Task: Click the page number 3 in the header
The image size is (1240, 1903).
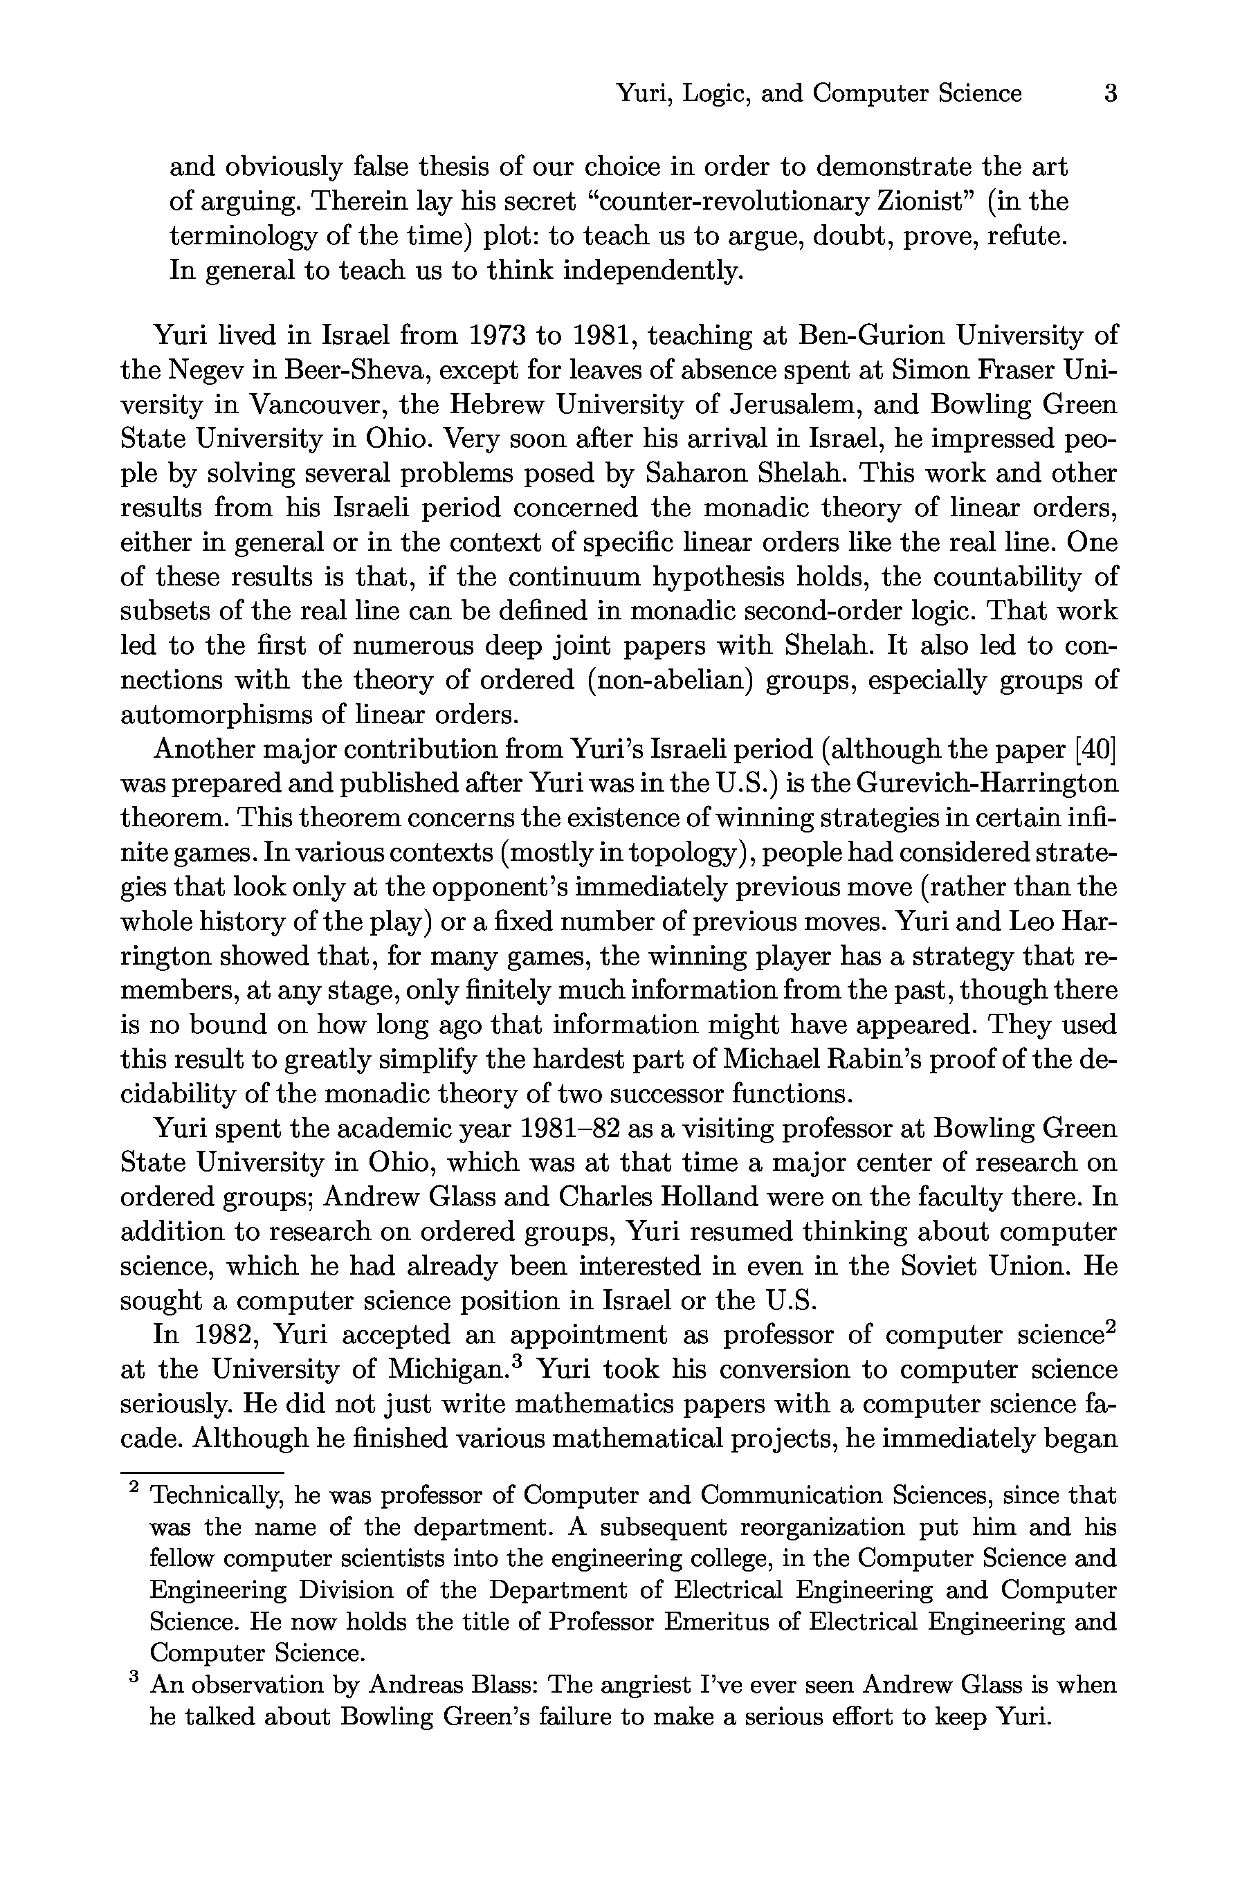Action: click(1110, 93)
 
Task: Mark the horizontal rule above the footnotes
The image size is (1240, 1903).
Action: click(202, 1472)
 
